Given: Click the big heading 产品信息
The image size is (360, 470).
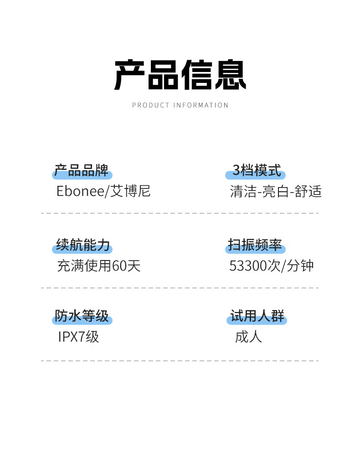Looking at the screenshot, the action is pos(180,75).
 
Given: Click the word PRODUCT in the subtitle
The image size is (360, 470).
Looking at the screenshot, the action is pos(151,105).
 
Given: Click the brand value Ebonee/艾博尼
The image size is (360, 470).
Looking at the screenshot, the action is pos(103,191).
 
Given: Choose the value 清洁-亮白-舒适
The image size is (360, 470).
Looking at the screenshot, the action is pos(276,191).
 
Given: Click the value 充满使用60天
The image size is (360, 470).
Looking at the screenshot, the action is pos(99,266).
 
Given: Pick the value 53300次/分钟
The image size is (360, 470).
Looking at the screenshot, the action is pos(272,266).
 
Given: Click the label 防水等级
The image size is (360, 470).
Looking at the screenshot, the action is pos(82,316).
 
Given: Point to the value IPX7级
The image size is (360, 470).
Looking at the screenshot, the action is pos(78,337).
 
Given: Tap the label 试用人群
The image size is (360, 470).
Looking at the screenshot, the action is pos(257,316).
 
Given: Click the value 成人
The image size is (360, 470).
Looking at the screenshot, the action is pos(248,337).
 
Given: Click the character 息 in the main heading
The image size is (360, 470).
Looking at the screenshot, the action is pos(230,75).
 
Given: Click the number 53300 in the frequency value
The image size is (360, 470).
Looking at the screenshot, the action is pos(249,266).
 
